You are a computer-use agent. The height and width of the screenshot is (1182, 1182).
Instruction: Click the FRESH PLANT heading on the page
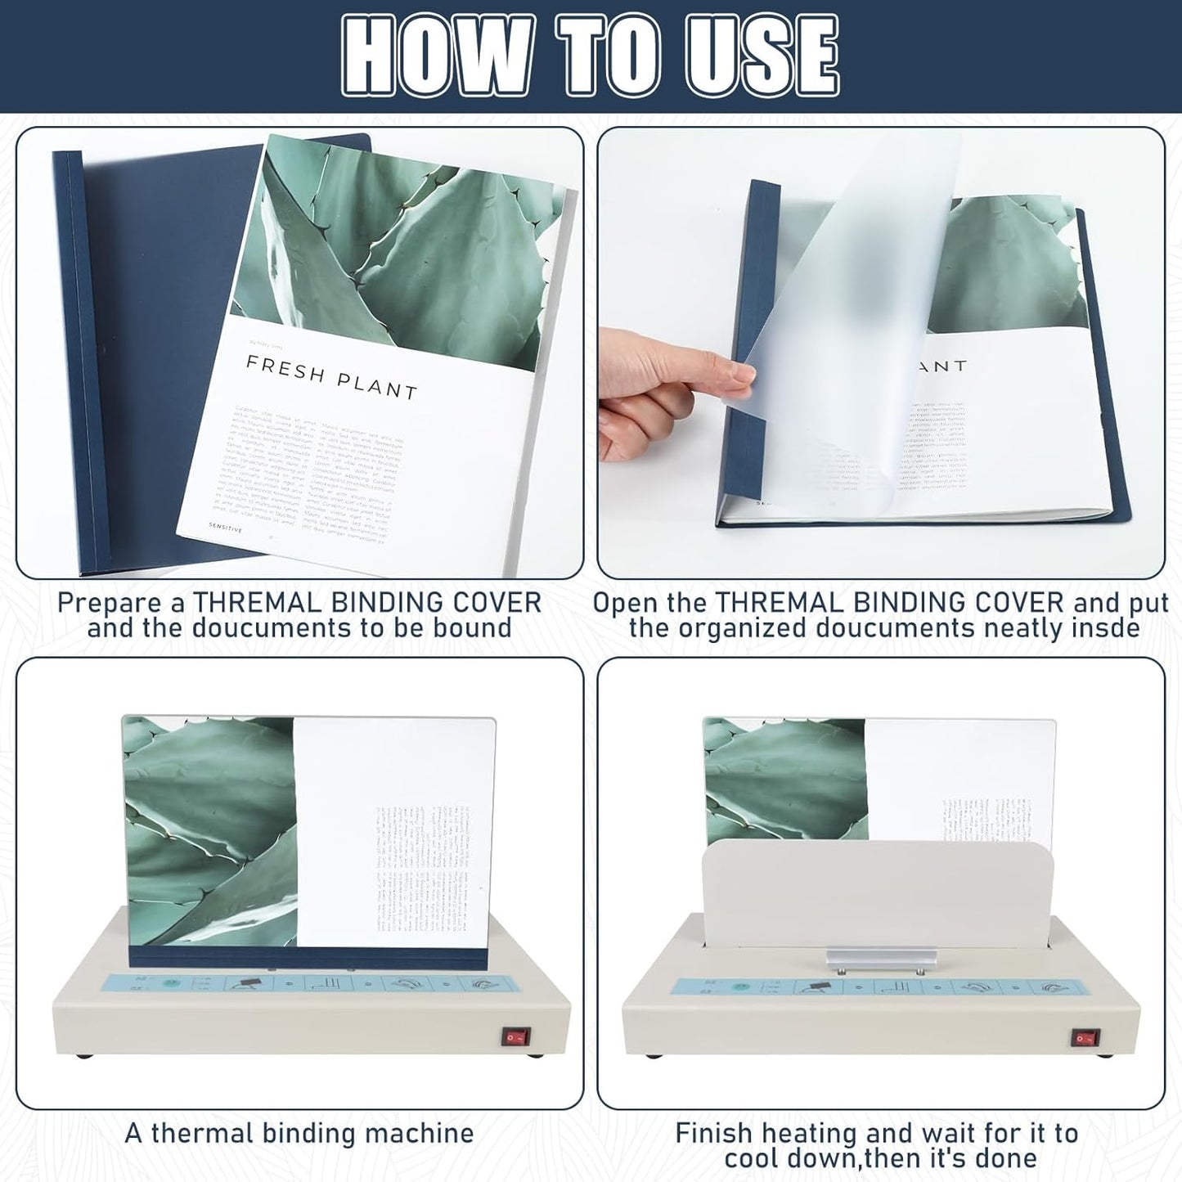(331, 377)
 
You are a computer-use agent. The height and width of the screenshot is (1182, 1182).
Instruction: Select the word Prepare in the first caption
(121, 603)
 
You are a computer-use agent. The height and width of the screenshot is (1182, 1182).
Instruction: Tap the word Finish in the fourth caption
(713, 1134)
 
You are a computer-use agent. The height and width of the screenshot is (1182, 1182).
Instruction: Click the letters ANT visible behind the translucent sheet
(941, 366)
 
